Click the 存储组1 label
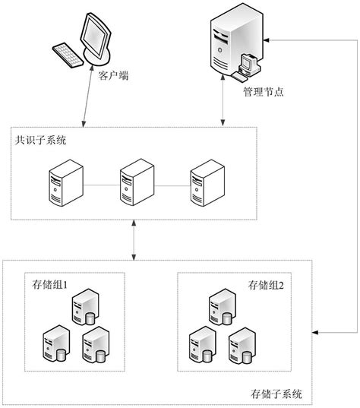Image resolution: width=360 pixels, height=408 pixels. click(x=46, y=284)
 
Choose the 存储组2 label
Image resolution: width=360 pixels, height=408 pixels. click(x=267, y=284)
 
